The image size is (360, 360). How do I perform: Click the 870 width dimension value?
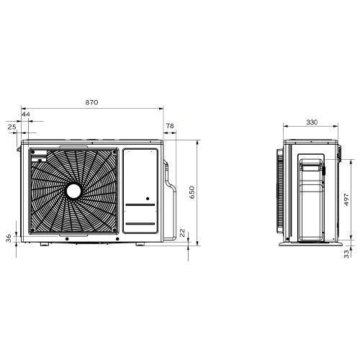[x=91, y=103]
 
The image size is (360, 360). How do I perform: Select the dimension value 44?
[x=26, y=114]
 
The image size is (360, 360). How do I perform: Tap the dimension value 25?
[x=12, y=127]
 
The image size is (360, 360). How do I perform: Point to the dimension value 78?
[x=170, y=127]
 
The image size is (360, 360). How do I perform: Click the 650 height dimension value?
[x=192, y=192]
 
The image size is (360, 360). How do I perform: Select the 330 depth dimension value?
[x=311, y=122]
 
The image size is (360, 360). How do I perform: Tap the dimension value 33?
[x=346, y=253]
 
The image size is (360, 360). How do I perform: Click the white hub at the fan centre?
[x=74, y=191]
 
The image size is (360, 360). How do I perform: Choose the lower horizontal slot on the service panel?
[x=140, y=228]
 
